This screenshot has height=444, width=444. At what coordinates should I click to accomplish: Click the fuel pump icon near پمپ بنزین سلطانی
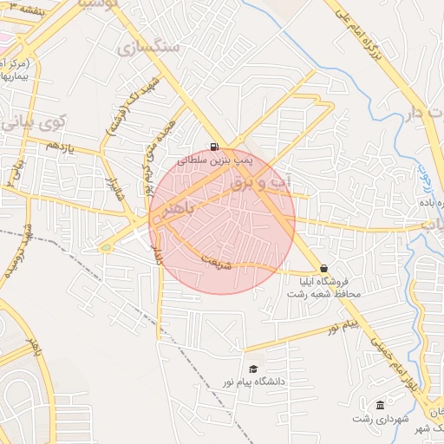pyautogui.click(x=213, y=147)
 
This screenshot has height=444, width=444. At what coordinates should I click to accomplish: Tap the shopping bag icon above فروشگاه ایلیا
pyautogui.click(x=324, y=269)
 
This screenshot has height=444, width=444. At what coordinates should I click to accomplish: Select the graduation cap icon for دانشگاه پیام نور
pyautogui.click(x=252, y=369)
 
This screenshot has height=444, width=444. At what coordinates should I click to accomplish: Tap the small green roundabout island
pyautogui.click(x=106, y=248)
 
